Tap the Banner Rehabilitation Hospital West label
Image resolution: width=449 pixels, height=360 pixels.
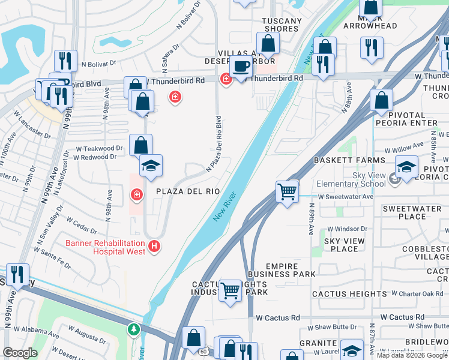click(x=105, y=247)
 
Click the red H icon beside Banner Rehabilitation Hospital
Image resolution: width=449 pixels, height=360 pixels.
click(x=155, y=246)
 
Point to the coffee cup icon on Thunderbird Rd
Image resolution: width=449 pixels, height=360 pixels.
click(x=241, y=67)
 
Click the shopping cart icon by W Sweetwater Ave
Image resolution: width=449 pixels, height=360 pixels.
click(x=288, y=192)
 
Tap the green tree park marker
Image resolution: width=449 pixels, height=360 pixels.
click(x=133, y=329)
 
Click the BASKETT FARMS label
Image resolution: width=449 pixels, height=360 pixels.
click(x=349, y=160)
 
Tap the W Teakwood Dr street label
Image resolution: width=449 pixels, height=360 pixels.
click(x=103, y=148)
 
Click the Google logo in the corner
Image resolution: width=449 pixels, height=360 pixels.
click(x=20, y=353)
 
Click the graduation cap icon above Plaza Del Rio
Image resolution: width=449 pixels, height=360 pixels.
click(x=151, y=166)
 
